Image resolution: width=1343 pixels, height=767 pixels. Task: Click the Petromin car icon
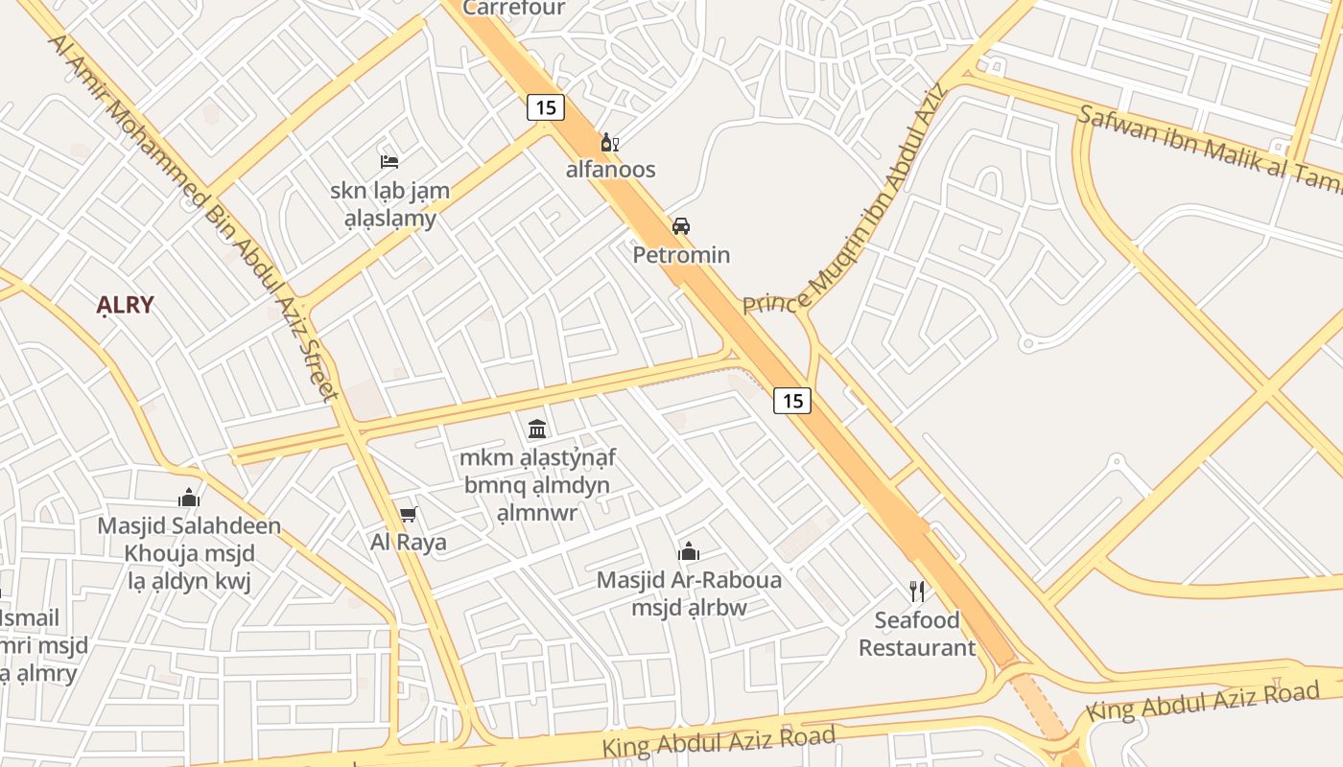pos(681,226)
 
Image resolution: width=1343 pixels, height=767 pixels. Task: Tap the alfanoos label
pos(610,170)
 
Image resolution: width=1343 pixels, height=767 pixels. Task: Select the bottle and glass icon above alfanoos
pos(609,144)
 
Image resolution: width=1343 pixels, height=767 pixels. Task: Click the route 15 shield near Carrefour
pos(545,106)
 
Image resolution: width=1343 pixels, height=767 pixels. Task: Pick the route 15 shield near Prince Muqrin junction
pos(792,400)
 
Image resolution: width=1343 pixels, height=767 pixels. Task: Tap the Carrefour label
pos(514,8)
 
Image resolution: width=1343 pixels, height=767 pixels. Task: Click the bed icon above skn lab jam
pos(389,161)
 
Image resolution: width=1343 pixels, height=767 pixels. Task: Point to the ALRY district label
pos(125,305)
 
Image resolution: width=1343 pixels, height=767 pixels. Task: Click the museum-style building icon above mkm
pos(537,429)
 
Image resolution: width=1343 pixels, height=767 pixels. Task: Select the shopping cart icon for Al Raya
pos(409,515)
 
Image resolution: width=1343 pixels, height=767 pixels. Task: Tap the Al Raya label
pos(409,542)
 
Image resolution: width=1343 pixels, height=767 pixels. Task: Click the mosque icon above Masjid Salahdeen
pos(189,498)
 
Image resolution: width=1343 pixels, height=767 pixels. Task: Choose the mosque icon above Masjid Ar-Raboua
pos(689,551)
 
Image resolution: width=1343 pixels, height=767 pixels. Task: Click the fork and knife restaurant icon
pos(917,591)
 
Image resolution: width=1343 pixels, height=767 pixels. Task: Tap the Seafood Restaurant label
pos(917,634)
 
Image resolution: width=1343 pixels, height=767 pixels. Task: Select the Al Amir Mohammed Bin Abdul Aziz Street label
pos(192,216)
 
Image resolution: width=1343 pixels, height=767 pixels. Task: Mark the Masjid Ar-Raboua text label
pos(689,580)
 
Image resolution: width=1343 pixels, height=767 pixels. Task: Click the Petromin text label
pos(681,255)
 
